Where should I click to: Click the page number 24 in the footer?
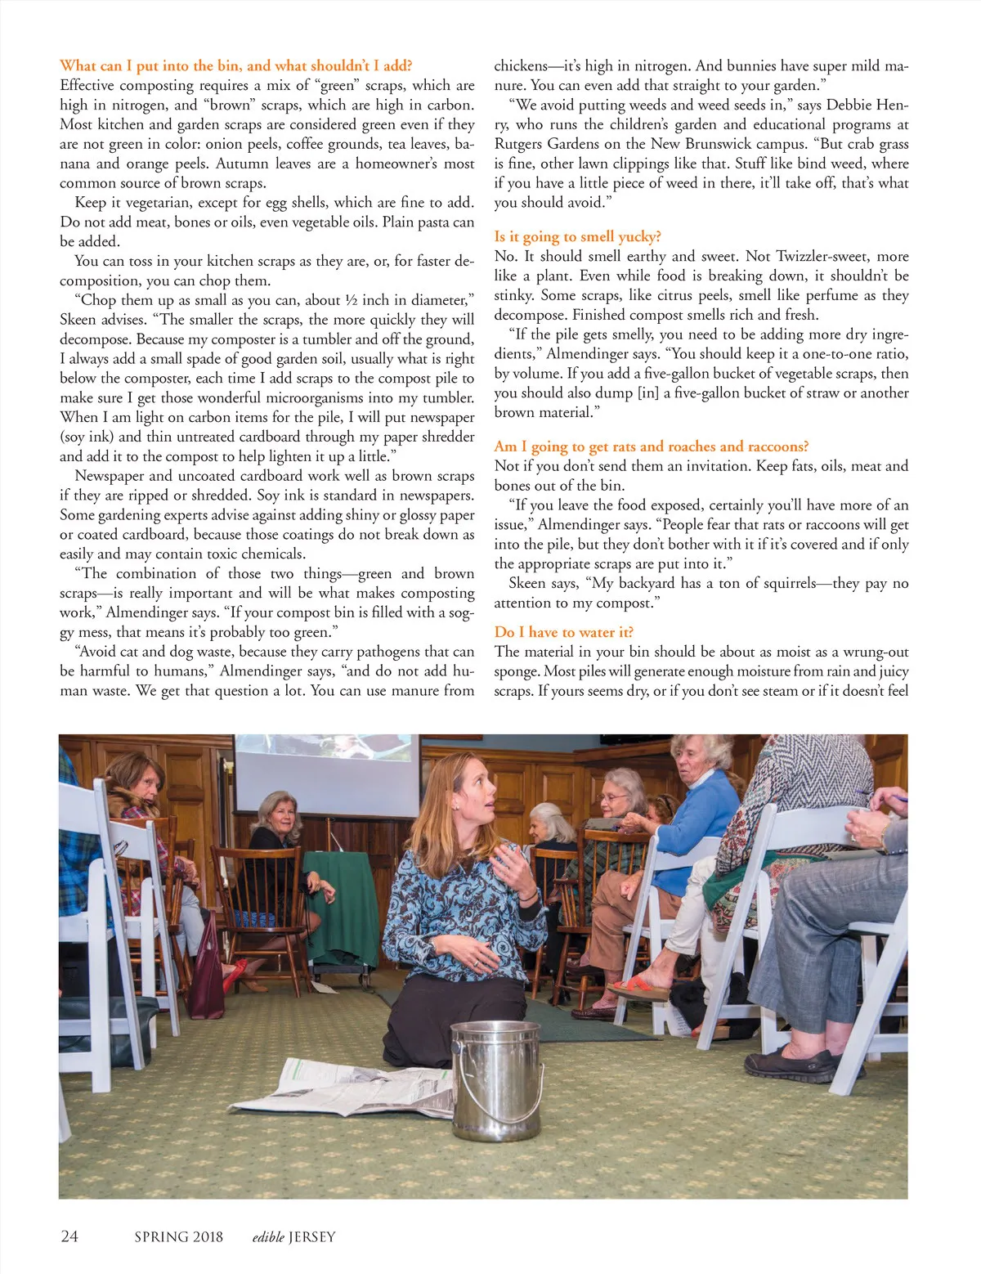pyautogui.click(x=69, y=1236)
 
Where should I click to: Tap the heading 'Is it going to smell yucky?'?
pyautogui.click(x=577, y=236)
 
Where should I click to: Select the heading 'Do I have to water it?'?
pyautogui.click(x=563, y=632)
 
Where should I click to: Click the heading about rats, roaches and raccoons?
pyautogui.click(x=651, y=446)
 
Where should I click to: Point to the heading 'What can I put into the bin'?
pyautogui.click(x=235, y=65)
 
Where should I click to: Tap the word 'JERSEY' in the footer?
pyautogui.click(x=311, y=1236)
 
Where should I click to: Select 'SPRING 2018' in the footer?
pyautogui.click(x=178, y=1236)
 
